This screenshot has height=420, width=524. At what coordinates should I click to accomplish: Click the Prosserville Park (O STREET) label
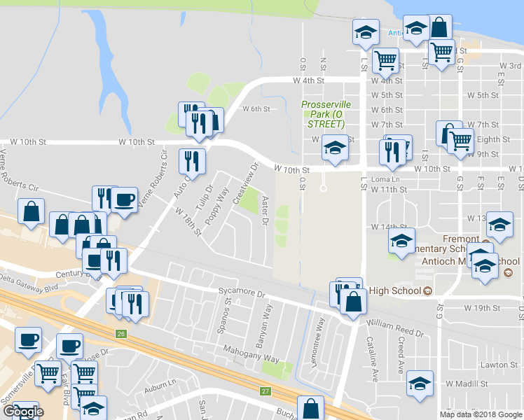tap(326, 114)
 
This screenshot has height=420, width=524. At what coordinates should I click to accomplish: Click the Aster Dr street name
tap(265, 211)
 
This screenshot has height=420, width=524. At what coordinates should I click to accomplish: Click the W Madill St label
tap(467, 384)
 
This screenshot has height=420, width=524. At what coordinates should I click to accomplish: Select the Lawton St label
tap(498, 365)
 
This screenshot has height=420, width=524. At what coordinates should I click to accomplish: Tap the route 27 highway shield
tap(265, 391)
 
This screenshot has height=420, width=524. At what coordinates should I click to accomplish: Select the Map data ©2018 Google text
tap(480, 414)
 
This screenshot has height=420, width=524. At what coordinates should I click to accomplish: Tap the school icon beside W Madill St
tap(420, 384)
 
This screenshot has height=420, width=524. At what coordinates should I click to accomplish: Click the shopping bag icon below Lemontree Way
tap(310, 408)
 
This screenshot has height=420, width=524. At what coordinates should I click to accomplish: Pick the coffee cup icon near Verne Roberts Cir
tap(125, 199)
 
